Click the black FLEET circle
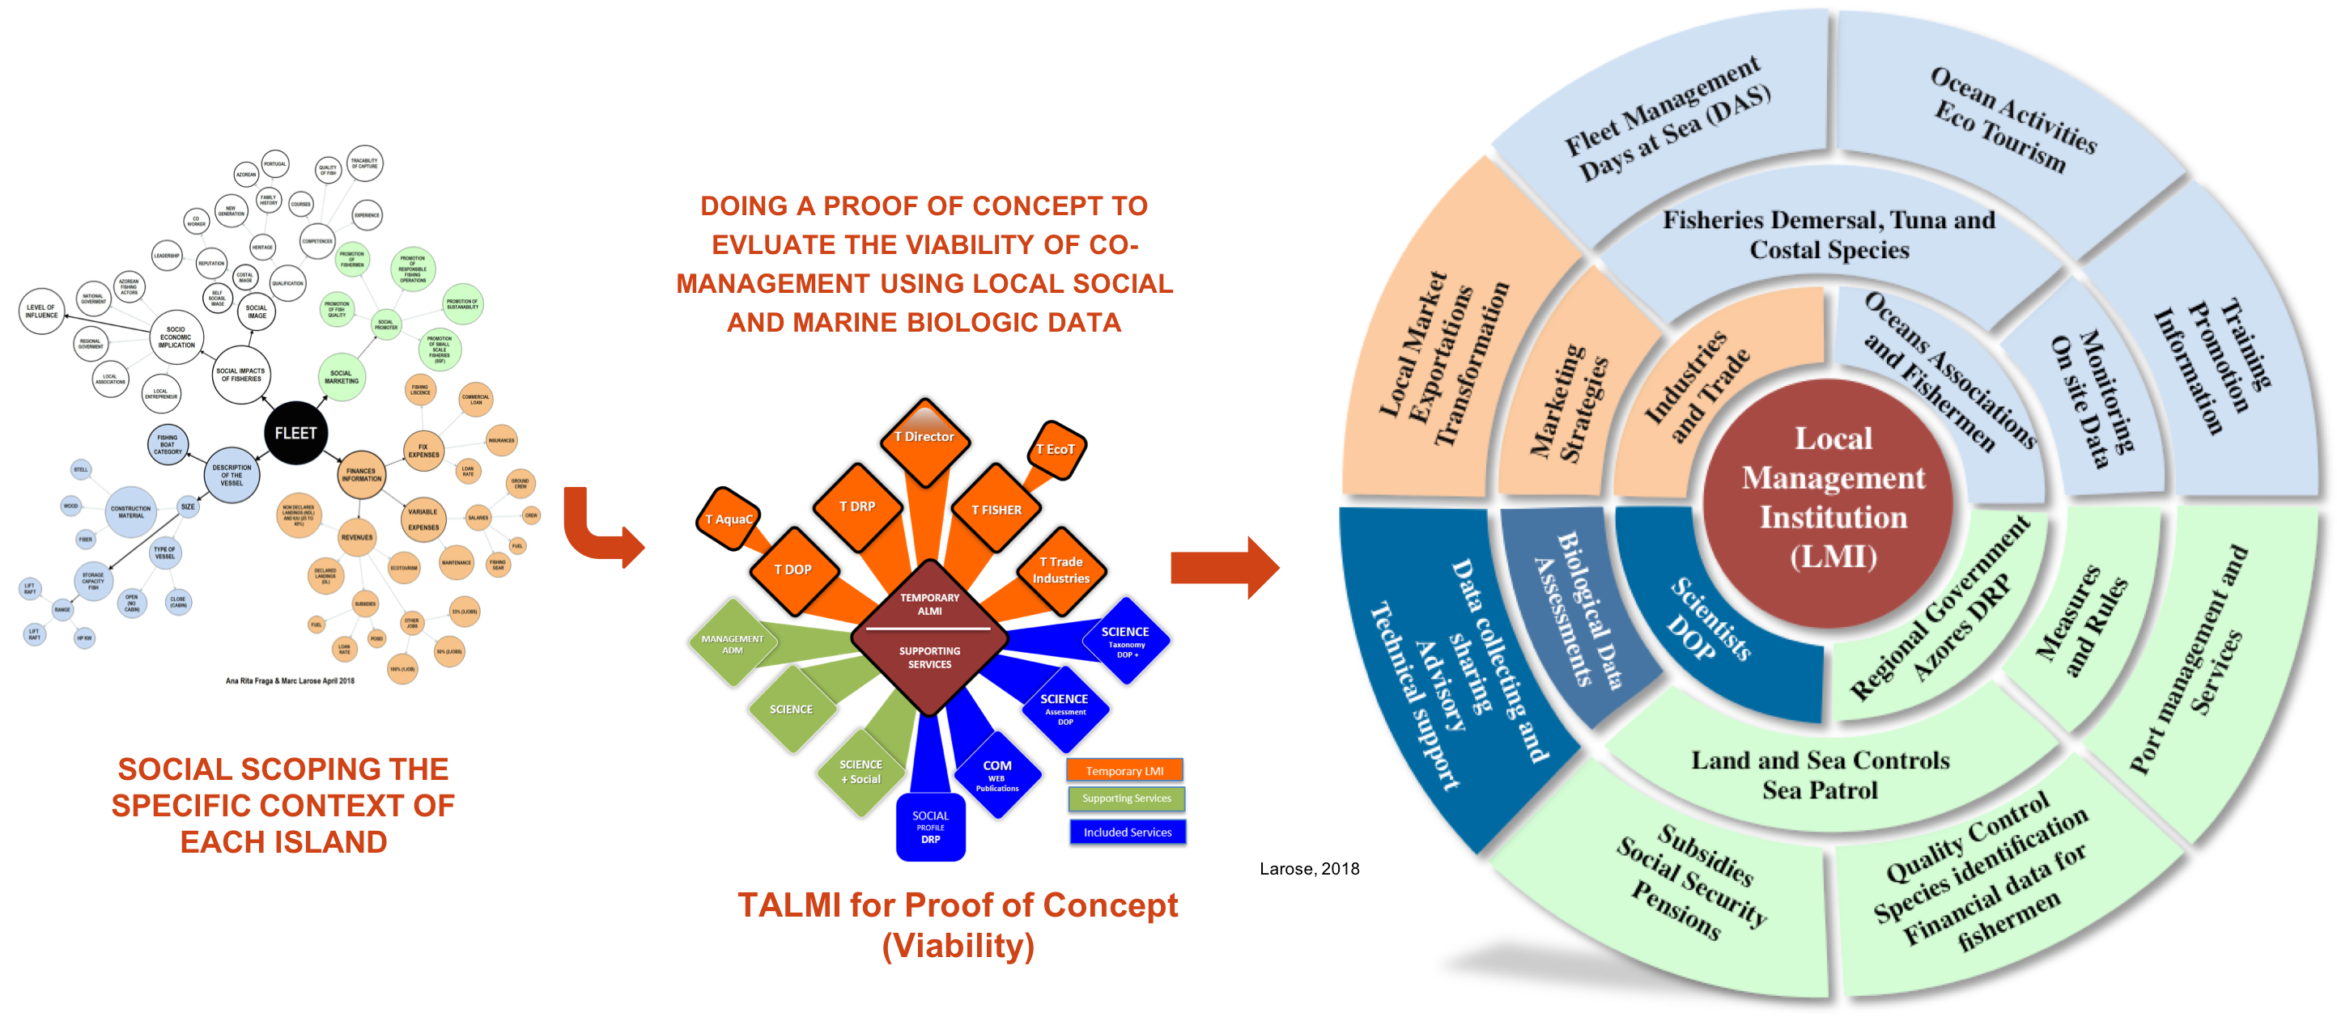[x=295, y=434]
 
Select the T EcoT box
[x=1055, y=451]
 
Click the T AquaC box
[x=729, y=519]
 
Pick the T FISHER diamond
[x=996, y=510]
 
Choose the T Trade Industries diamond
[x=1060, y=570]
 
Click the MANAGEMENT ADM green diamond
[x=732, y=644]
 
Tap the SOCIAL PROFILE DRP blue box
[x=930, y=827]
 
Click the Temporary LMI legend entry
[x=1125, y=771]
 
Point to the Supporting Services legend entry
[x=1126, y=799]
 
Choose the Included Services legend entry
[x=1127, y=832]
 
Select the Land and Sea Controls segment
[x=1820, y=775]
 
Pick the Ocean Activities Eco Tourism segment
[x=2009, y=118]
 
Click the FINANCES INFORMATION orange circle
[x=361, y=474]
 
